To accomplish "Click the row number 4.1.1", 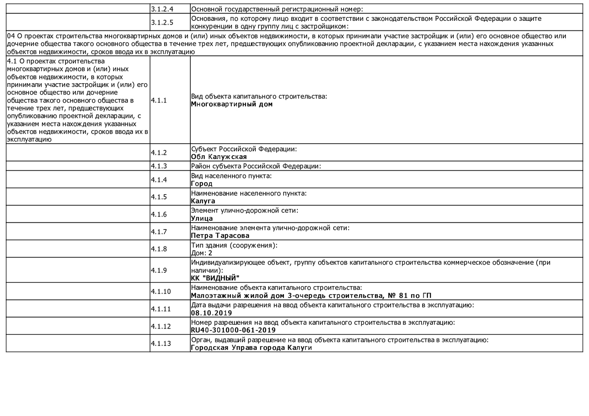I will coord(159,101).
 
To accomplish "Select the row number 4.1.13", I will coord(161,344).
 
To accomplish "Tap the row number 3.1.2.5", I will coord(162,22).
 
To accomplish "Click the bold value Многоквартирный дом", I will coord(232,104).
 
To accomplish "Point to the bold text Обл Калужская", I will coord(219,157).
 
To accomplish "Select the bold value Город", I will coord(201,184).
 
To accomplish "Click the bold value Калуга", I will coord(203,201).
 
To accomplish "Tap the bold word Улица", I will coord(202,218).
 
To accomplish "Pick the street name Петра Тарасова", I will coord(220,236).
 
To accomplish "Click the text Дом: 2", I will coord(201,253).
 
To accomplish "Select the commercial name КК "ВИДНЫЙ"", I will coord(215,278).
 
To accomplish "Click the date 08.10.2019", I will coord(211,313).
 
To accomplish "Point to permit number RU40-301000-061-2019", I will coord(233,330).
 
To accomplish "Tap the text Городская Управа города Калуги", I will coord(251,347).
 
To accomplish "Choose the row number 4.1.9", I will coord(159,270).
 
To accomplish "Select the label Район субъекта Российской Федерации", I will coord(256,166).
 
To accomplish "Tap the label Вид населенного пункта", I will coord(231,176).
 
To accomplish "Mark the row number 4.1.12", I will coord(161,326).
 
